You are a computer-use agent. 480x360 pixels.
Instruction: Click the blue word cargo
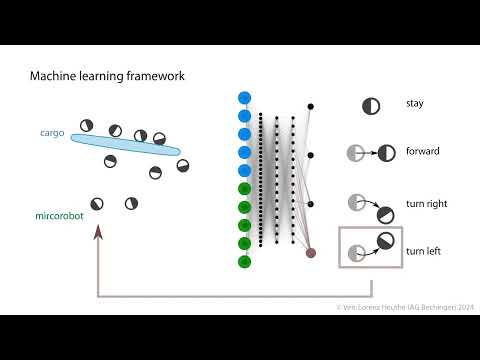pyautogui.click(x=52, y=132)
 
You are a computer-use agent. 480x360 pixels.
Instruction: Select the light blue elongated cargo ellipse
pyautogui.click(x=125, y=146)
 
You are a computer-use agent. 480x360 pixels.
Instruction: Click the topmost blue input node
pyautogui.click(x=244, y=98)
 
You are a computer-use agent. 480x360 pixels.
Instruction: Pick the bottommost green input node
pyautogui.click(x=244, y=262)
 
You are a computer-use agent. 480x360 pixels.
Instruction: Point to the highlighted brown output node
pyautogui.click(x=311, y=253)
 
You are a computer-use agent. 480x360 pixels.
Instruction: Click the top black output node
pyautogui.click(x=311, y=106)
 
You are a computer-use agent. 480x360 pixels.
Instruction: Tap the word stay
pyautogui.click(x=415, y=103)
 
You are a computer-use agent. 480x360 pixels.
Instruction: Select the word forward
pyautogui.click(x=423, y=152)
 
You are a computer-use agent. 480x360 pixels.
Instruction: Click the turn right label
pyautogui.click(x=426, y=203)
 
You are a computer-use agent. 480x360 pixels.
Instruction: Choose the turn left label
pyautogui.click(x=424, y=252)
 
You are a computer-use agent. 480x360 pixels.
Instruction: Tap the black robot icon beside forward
pyautogui.click(x=387, y=153)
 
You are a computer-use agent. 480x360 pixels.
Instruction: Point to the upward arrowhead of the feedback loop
pyautogui.click(x=98, y=231)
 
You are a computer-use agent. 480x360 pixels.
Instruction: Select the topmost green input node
pyautogui.click(x=244, y=189)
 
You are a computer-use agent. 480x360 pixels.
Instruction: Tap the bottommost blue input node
pyautogui.click(x=244, y=171)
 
